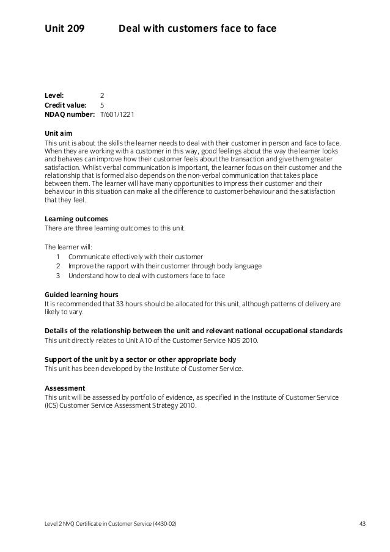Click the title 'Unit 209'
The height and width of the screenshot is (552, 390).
64,28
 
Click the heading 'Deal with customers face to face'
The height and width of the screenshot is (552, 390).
197,28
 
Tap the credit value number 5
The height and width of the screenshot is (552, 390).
102,105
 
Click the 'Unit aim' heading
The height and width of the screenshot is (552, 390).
59,133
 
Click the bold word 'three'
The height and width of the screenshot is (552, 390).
83,228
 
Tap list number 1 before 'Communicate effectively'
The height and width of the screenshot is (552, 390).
58,257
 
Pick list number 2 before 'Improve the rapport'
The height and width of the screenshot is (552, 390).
58,266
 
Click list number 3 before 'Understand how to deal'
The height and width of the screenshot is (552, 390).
58,276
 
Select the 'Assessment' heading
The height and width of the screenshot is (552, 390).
65,388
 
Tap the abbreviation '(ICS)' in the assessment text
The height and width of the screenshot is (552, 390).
53,407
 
